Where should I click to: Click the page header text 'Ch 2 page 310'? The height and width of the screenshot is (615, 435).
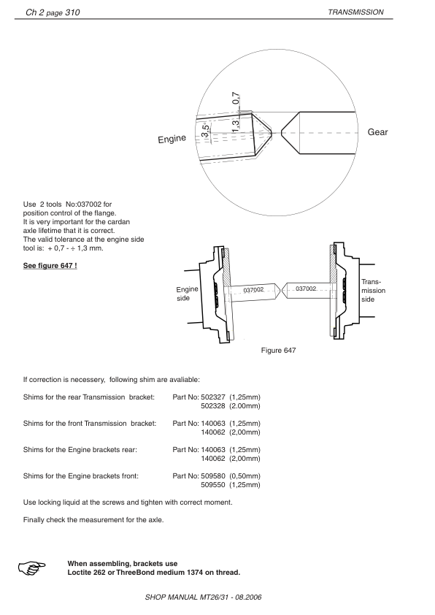tap(53, 12)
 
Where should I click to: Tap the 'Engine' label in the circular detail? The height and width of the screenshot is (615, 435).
tap(172, 139)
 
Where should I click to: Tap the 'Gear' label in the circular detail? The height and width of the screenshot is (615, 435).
tap(377, 132)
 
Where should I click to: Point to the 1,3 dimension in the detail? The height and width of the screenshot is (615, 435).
tap(236, 126)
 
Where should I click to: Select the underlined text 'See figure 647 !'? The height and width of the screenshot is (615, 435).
tap(50, 264)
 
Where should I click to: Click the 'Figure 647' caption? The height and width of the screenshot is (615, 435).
tap(278, 351)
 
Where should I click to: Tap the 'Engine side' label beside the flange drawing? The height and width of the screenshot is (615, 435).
tap(188, 295)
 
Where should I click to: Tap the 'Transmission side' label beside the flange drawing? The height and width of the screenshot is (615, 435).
tap(373, 291)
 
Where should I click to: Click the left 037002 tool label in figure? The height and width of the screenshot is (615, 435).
tap(253, 289)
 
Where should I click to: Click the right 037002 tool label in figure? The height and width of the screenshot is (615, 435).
tap(306, 289)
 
